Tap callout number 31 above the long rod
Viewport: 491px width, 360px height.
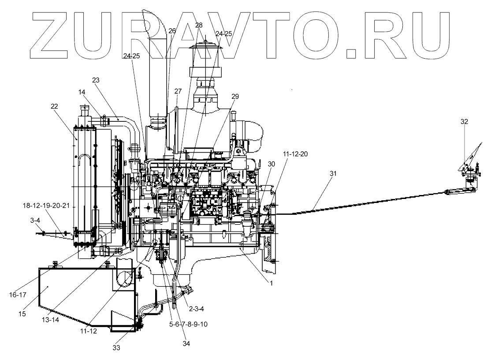tap(332, 173)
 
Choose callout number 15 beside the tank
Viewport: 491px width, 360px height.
tap(23, 314)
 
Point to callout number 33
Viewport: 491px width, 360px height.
tap(116, 347)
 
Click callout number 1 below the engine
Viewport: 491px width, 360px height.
tap(272, 284)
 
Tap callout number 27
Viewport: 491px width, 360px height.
tap(178, 91)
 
